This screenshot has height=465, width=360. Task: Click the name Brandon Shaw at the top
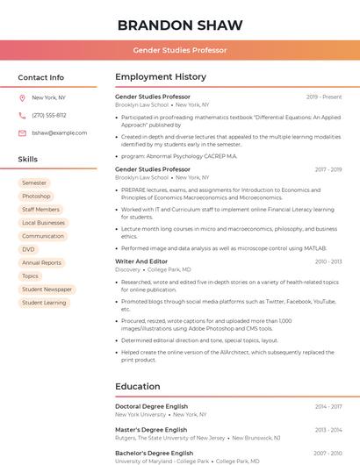pyautogui.click(x=180, y=25)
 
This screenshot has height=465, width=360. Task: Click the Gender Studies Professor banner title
pyautogui.click(x=180, y=50)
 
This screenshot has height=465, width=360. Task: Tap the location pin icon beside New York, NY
pyautogui.click(x=22, y=97)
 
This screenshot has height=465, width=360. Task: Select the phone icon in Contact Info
pyautogui.click(x=22, y=115)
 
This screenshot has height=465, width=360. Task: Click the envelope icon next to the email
pyautogui.click(x=22, y=132)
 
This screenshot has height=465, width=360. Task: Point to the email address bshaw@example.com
pyautogui.click(x=59, y=132)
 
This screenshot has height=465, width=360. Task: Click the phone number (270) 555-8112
pyautogui.click(x=48, y=115)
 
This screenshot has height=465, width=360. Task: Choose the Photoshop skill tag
pyautogui.click(x=36, y=196)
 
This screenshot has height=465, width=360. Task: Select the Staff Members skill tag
pyautogui.click(x=40, y=210)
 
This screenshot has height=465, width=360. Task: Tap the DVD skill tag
pyautogui.click(x=29, y=249)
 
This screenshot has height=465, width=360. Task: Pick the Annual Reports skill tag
pyautogui.click(x=41, y=262)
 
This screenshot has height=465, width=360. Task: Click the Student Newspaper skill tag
pyautogui.click(x=47, y=289)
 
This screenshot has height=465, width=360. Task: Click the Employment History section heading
pyautogui.click(x=161, y=76)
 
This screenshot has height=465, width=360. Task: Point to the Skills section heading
pyautogui.click(x=27, y=159)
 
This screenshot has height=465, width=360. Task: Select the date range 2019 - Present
pyautogui.click(x=323, y=97)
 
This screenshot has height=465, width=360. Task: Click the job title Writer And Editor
pyautogui.click(x=141, y=261)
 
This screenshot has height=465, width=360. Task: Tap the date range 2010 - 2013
pyautogui.click(x=328, y=261)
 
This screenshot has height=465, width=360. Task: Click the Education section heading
pyautogui.click(x=138, y=386)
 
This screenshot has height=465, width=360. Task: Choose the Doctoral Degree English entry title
pyautogui.click(x=151, y=406)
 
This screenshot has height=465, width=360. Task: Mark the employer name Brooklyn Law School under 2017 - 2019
pyautogui.click(x=141, y=177)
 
